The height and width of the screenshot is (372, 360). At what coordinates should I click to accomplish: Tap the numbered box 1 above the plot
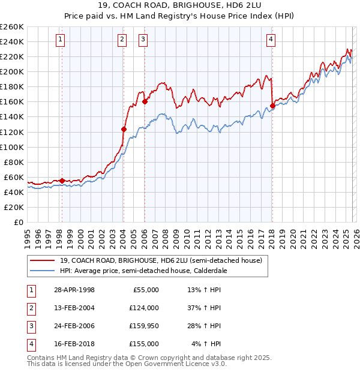point(61,40)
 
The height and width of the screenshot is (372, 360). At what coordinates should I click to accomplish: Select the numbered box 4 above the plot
point(271,40)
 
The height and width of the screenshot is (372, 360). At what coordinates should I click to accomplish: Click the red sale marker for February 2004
point(124,129)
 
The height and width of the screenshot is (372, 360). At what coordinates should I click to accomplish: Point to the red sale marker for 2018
point(272,106)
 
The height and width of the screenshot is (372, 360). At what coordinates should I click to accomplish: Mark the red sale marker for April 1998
point(62,181)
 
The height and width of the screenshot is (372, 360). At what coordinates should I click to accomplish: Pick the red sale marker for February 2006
point(145,102)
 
